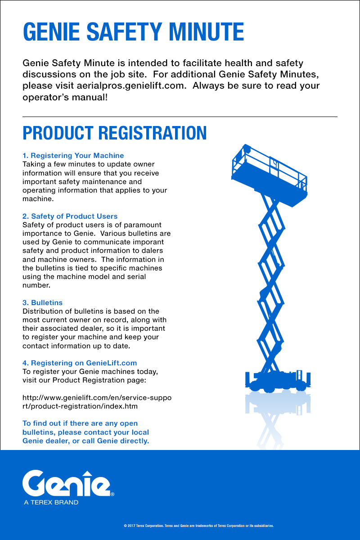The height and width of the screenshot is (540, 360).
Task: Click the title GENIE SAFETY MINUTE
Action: (133, 32)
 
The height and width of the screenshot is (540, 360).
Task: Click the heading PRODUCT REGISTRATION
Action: (115, 133)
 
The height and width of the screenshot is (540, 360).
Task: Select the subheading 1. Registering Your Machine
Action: (73, 156)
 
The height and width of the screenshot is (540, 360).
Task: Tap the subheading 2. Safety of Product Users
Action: (70, 216)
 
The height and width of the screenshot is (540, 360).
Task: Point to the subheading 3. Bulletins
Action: (42, 303)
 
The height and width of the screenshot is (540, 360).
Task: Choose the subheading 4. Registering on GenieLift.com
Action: (80, 363)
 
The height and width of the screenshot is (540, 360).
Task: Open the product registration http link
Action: (96, 402)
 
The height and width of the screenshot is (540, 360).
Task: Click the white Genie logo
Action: (67, 482)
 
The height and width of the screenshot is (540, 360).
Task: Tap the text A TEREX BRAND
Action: (51, 502)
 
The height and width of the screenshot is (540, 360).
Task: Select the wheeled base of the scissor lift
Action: (278, 382)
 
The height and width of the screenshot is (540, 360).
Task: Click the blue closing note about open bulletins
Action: (85, 432)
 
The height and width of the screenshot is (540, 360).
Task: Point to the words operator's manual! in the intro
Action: (65, 97)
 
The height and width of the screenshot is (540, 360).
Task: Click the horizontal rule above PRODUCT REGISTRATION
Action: (180, 117)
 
